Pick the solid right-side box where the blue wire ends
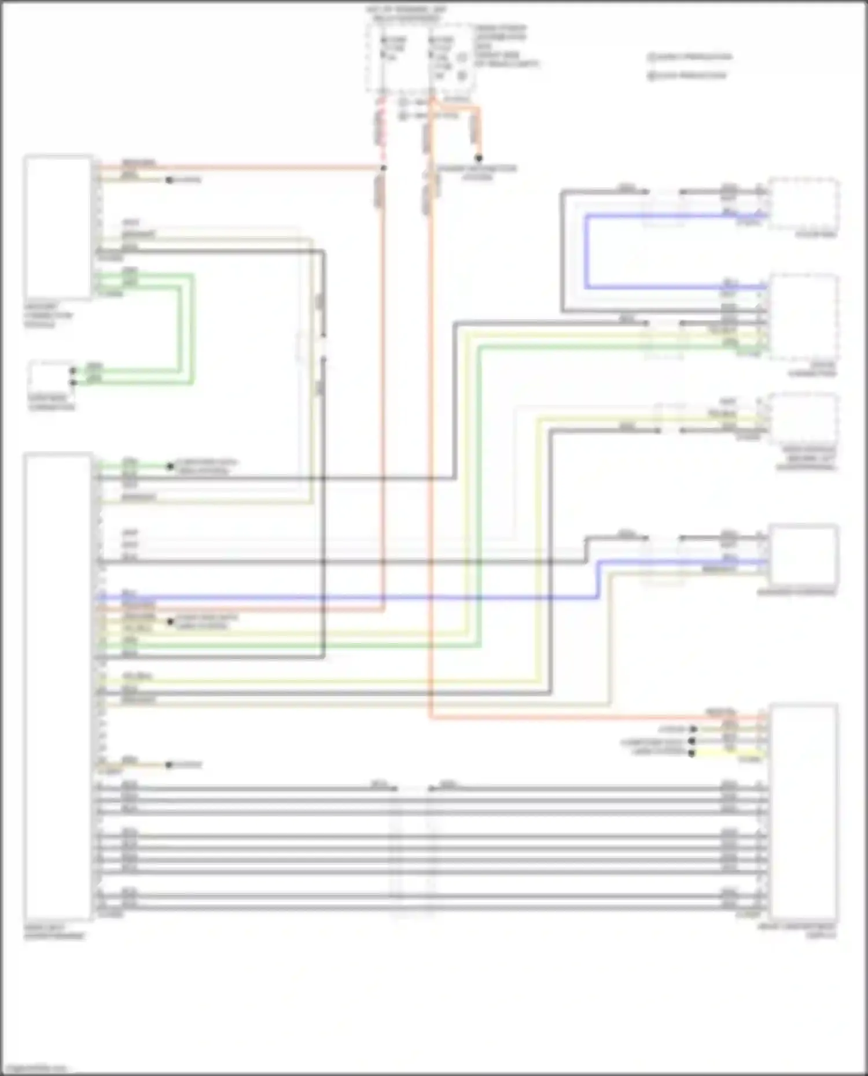point(803,554)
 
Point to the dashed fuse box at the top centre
point(420,58)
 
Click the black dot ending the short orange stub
point(479,158)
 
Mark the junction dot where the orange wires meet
point(383,168)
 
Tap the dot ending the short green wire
point(170,466)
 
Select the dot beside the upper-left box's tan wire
point(169,180)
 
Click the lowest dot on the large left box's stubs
point(168,765)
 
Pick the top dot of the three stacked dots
point(692,729)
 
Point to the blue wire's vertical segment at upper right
point(586,252)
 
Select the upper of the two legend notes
point(689,57)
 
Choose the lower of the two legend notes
point(687,75)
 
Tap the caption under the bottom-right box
point(799,930)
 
